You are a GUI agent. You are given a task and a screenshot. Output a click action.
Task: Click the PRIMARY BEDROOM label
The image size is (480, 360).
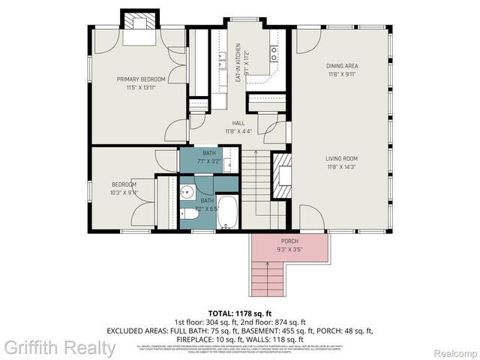pyautogui.click(x=140, y=79)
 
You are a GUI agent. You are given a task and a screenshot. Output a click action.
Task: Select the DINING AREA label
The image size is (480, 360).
pyautogui.click(x=341, y=66)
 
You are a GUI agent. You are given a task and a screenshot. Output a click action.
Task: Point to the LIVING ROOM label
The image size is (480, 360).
pyautogui.click(x=341, y=158)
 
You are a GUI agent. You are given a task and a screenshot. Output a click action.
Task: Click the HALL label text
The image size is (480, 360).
pyautogui.click(x=238, y=123)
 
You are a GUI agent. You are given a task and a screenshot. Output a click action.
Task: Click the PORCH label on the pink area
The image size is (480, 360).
pyautogui.click(x=289, y=240)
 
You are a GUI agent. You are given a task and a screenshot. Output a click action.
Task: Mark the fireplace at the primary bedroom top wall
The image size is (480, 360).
pyautogui.click(x=139, y=21)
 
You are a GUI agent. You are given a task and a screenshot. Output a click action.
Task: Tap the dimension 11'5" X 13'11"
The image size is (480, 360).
pyautogui.click(x=140, y=88)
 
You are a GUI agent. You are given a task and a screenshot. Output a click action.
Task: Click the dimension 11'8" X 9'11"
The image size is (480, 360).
pyautogui.click(x=341, y=74)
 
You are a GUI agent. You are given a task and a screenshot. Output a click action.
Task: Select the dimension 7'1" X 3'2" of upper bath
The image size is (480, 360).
pyautogui.click(x=208, y=160)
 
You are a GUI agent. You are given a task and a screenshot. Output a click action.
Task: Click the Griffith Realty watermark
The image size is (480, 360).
pyautogui.click(x=59, y=347)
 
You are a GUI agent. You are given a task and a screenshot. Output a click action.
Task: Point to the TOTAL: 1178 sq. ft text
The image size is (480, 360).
pyautogui.click(x=239, y=312)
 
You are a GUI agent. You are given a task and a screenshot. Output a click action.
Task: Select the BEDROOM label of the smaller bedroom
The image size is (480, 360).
pyautogui.click(x=124, y=184)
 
